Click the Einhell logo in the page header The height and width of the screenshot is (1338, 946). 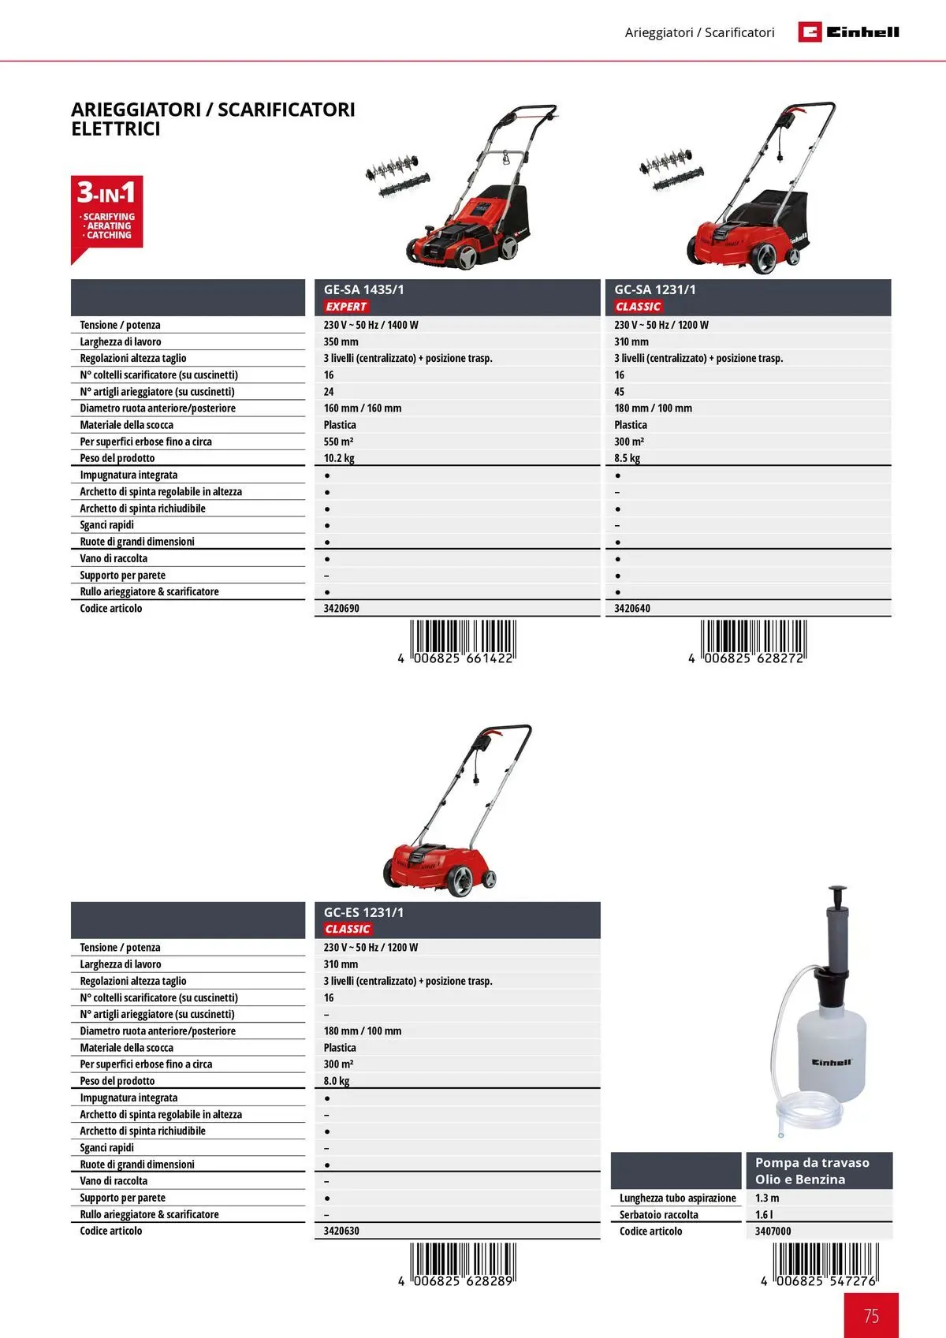(848, 32)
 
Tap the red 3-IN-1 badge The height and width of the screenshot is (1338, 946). (107, 213)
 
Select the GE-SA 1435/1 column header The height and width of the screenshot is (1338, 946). (363, 289)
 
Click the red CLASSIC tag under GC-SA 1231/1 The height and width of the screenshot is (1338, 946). (639, 307)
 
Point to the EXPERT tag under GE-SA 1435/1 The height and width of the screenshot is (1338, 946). (346, 307)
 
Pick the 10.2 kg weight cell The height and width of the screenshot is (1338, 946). (339, 458)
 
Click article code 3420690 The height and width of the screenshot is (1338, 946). (341, 609)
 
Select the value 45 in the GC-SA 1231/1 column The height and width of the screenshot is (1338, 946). (620, 392)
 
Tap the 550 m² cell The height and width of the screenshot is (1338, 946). (339, 442)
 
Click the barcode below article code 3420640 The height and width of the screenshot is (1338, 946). (753, 640)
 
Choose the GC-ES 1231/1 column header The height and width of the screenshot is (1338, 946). (363, 912)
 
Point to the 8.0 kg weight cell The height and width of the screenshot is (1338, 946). (337, 1081)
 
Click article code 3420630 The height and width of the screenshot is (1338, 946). (341, 1231)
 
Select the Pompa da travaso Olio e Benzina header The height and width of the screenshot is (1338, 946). (812, 1171)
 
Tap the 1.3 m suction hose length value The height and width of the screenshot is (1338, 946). (767, 1198)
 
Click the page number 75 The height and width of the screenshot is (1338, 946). (871, 1315)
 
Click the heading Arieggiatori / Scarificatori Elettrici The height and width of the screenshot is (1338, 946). (213, 119)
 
